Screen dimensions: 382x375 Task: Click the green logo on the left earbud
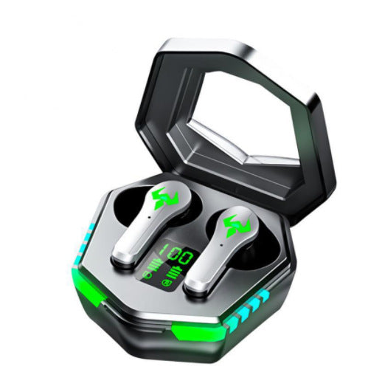(x=165, y=198)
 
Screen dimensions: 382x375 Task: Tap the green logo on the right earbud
(x=237, y=226)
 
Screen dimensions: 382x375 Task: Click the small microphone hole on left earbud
(x=149, y=218)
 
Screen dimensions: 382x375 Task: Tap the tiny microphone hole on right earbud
(x=221, y=245)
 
